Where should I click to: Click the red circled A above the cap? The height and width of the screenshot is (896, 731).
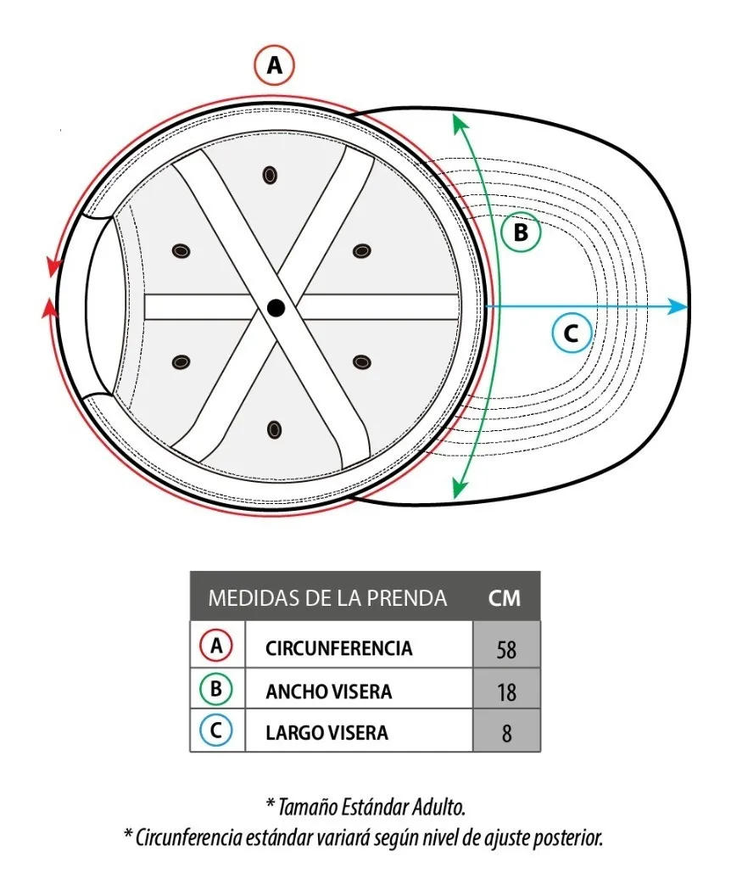click(x=274, y=65)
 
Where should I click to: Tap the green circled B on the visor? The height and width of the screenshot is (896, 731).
click(x=521, y=232)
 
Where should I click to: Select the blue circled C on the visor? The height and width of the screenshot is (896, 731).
click(x=572, y=333)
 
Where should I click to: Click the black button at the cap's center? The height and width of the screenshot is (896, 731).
click(x=276, y=308)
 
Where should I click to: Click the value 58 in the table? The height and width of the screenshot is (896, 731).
click(x=506, y=650)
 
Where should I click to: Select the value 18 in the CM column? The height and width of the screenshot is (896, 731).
click(x=506, y=692)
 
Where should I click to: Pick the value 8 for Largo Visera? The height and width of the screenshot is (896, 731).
click(x=506, y=733)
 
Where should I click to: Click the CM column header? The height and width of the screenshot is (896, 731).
click(x=505, y=598)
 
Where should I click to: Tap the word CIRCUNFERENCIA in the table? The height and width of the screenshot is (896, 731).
click(x=338, y=648)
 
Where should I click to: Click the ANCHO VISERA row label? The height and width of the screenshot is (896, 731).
click(x=328, y=692)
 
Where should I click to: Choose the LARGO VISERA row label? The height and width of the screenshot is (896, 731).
click(x=326, y=732)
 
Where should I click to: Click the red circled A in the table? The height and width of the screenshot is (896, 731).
click(x=216, y=646)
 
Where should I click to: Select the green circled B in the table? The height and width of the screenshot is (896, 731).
click(x=216, y=689)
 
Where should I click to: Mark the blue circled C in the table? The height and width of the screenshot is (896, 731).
click(x=216, y=731)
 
